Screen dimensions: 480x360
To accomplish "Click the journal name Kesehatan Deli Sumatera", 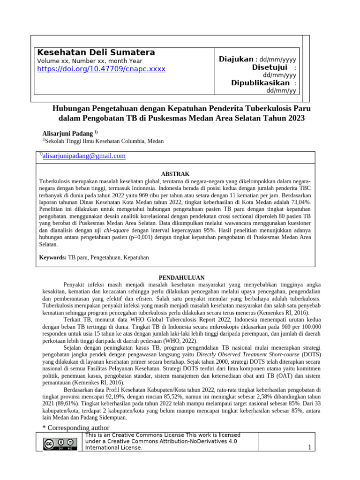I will click(96, 52).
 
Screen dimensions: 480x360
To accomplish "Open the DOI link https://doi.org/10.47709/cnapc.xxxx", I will click(101, 69).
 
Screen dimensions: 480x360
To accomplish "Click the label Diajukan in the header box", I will click(236, 59).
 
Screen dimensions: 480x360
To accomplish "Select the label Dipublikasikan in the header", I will click(260, 83).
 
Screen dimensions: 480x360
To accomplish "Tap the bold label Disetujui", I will click(270, 67).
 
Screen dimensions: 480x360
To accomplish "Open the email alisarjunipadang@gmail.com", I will click(84, 156).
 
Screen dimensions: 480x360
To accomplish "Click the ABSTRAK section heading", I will click(175, 174).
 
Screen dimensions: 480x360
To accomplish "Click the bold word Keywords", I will click(52, 257).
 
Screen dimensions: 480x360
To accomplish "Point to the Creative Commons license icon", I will click(60, 443).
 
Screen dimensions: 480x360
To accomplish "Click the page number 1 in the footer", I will click(309, 447).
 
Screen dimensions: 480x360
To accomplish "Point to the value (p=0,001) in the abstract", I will click(142, 238).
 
